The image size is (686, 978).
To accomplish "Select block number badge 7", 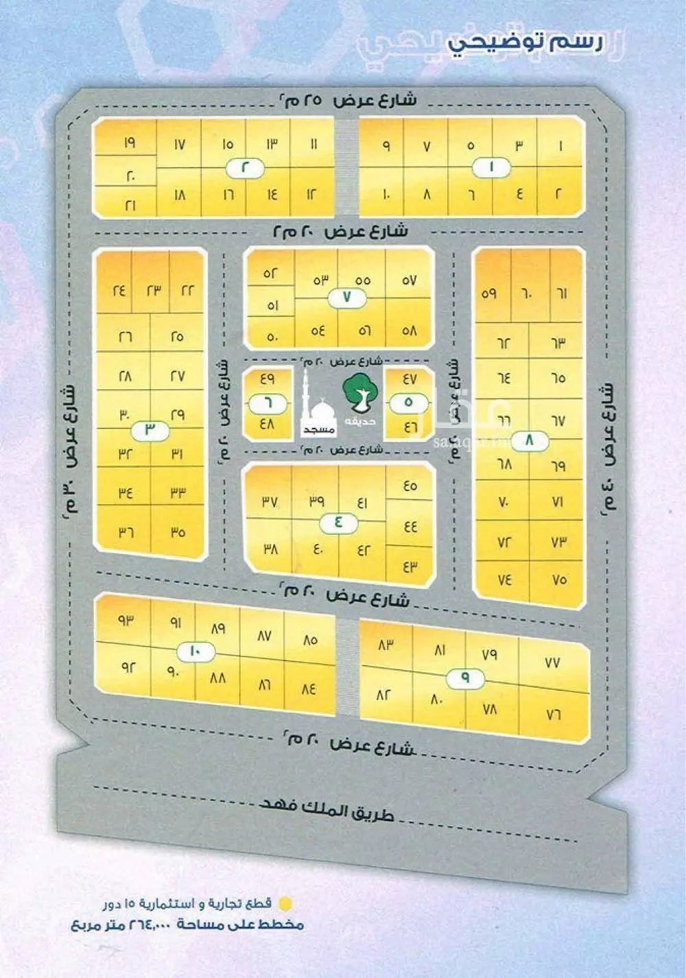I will pyautogui.click(x=346, y=298).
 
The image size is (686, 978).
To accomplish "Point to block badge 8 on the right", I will pyautogui.click(x=529, y=441).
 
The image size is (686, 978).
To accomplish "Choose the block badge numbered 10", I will pyautogui.click(x=193, y=651).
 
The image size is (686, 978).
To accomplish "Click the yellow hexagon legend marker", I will pyautogui.click(x=287, y=903).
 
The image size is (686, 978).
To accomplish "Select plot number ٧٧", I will pyautogui.click(x=552, y=663).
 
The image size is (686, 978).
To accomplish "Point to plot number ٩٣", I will pyautogui.click(x=125, y=621).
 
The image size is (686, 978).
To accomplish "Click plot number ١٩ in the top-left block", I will pyautogui.click(x=129, y=144).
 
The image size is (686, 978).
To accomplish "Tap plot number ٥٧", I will pyautogui.click(x=409, y=281).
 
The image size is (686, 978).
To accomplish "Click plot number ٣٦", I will pyautogui.click(x=125, y=532).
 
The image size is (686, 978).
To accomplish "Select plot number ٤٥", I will pyautogui.click(x=410, y=486).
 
